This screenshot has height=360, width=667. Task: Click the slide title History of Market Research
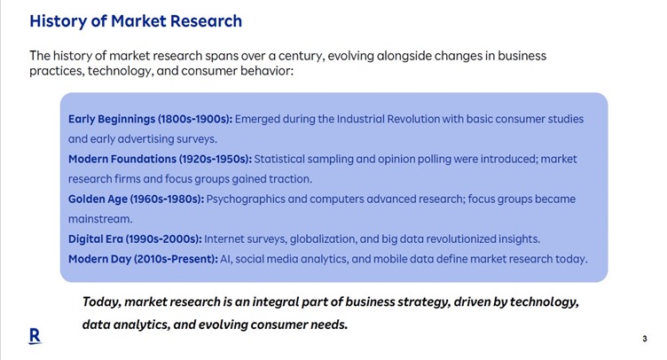(136, 21)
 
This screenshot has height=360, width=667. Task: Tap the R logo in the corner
(35, 336)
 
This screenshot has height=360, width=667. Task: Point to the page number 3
(645, 339)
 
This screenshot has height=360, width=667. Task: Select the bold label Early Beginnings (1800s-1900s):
(151, 119)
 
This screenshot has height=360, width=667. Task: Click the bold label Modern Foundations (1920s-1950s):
(160, 159)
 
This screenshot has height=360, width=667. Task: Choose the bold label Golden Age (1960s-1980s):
(136, 199)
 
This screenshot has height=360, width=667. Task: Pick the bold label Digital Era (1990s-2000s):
(136, 239)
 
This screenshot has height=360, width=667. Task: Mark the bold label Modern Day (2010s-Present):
(144, 259)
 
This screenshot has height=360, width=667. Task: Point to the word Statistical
(279, 159)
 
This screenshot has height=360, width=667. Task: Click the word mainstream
(100, 219)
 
